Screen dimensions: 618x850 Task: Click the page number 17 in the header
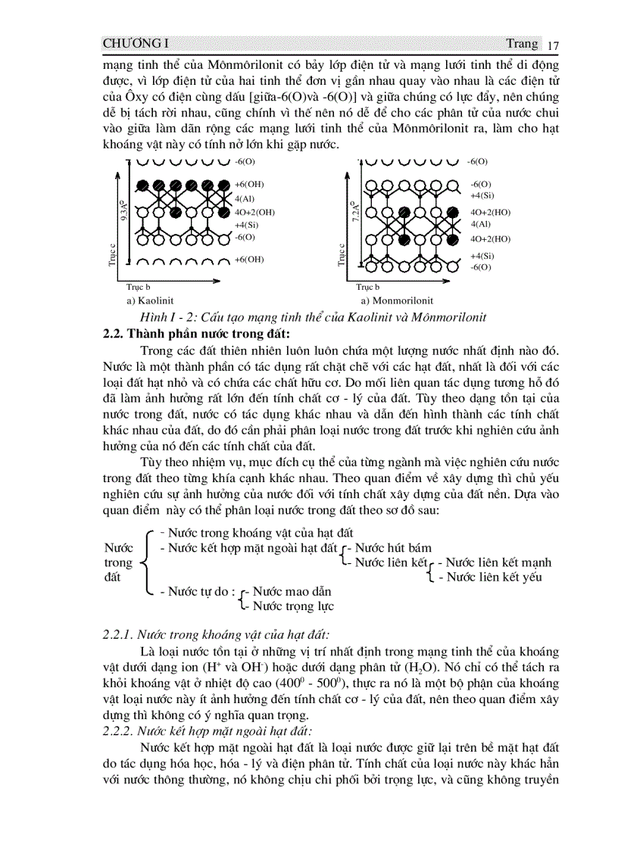[x=552, y=44]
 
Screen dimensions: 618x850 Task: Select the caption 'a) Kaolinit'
[x=150, y=300]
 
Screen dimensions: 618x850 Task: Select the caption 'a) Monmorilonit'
[x=390, y=300]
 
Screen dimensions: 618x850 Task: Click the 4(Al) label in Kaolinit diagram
[x=244, y=198]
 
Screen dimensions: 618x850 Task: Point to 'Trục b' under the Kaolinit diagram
[x=138, y=288]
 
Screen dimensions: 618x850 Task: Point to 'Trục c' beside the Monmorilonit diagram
[x=342, y=254]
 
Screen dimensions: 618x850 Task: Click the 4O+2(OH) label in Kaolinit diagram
[x=254, y=212]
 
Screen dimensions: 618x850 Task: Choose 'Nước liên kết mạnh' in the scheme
[x=498, y=562]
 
